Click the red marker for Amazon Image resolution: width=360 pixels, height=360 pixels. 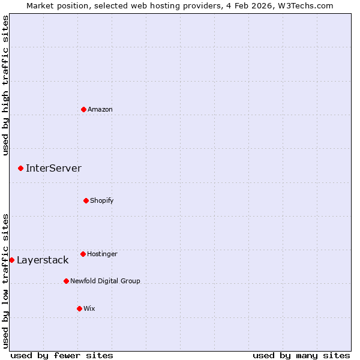(x=83, y=109)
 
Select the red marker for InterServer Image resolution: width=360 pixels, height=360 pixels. (x=20, y=168)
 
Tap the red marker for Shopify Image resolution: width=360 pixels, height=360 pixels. (x=86, y=200)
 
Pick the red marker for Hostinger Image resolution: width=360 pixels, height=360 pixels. (x=83, y=254)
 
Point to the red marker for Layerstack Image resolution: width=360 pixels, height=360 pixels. (x=12, y=260)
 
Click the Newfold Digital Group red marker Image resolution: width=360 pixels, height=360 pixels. (x=66, y=281)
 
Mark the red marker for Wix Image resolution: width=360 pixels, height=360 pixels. (x=79, y=308)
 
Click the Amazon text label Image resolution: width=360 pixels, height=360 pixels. (x=100, y=109)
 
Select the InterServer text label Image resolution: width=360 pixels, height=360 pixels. (x=53, y=168)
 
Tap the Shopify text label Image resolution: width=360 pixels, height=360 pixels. (x=102, y=200)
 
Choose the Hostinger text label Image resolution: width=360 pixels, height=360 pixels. (x=102, y=254)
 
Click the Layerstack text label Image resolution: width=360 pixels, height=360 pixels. (x=43, y=260)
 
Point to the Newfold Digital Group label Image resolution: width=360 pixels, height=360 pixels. (x=105, y=281)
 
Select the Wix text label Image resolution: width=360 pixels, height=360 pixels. (x=89, y=308)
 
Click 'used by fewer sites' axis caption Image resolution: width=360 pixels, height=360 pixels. (x=62, y=355)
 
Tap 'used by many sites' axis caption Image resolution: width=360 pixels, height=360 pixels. (x=301, y=355)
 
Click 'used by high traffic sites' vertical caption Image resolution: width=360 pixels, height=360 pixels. (x=5, y=85)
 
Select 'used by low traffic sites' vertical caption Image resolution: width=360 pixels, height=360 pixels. (x=5, y=280)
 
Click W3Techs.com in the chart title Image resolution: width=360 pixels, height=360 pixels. (x=305, y=5)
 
